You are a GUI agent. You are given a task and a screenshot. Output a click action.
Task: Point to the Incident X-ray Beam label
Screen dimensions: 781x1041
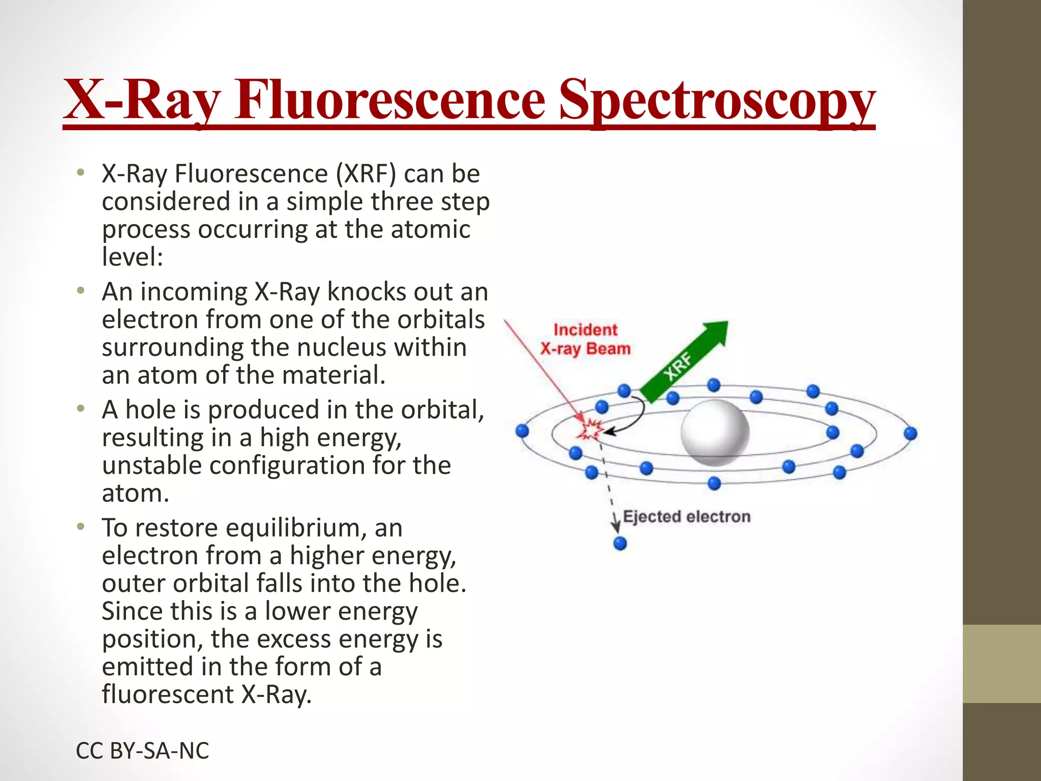[585, 339]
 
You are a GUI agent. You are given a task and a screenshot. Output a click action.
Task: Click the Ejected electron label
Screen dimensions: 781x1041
[686, 517]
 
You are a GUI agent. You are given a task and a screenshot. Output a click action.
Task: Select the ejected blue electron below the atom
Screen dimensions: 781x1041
[620, 544]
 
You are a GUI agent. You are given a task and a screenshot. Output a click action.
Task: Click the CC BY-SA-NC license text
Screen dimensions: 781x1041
[142, 750]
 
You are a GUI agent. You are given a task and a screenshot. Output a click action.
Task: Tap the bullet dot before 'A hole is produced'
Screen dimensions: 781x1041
[80, 408]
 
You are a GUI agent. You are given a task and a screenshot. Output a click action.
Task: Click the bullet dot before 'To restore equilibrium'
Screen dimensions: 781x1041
[80, 526]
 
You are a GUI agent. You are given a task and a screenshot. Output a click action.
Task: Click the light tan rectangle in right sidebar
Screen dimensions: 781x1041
[1001, 664]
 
